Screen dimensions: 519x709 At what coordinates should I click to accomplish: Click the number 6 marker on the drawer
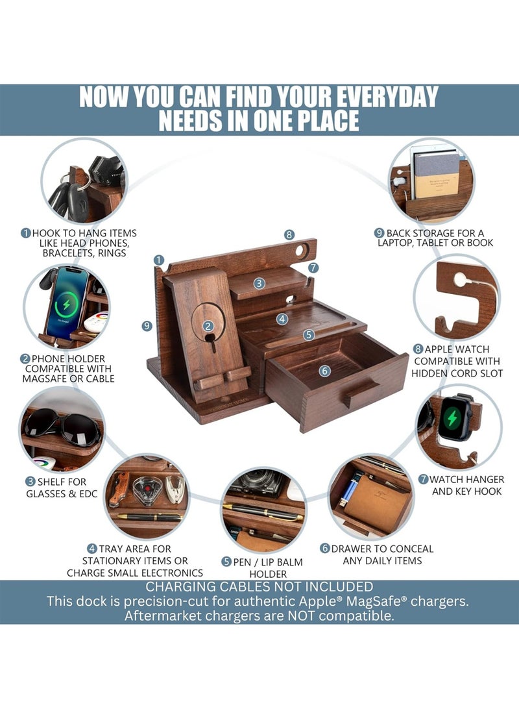tap(324, 371)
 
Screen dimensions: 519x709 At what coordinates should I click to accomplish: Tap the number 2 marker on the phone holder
tap(208, 326)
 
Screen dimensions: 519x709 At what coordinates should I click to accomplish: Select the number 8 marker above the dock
tap(289, 234)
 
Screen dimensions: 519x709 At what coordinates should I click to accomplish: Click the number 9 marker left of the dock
tap(147, 326)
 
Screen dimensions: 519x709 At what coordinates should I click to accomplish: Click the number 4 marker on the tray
tap(282, 319)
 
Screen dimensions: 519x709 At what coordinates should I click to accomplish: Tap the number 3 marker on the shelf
tap(259, 284)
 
